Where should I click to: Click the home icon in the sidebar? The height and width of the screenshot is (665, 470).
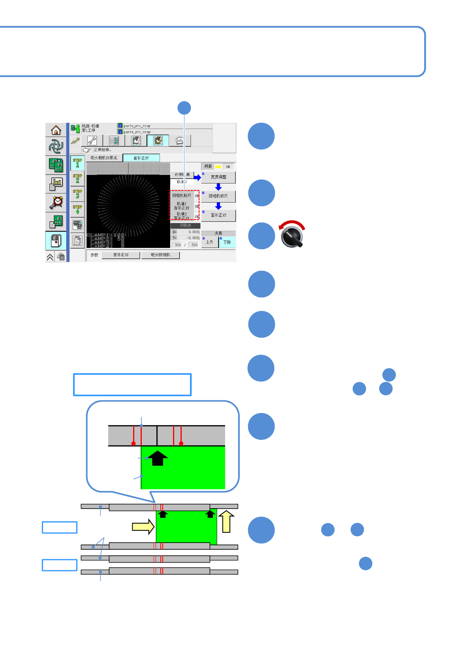(56, 130)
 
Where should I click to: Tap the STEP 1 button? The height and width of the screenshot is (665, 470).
(77, 163)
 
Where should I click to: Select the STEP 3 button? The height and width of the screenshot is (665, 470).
(77, 193)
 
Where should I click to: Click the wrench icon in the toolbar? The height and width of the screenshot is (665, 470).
(92, 141)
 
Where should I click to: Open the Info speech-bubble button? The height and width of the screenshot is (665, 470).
(180, 141)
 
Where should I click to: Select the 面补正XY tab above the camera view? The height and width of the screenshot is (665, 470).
(141, 158)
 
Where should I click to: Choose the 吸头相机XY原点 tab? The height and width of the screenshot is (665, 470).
(104, 158)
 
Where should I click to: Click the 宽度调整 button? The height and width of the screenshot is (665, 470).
(218, 177)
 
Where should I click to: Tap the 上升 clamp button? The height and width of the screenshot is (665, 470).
(210, 242)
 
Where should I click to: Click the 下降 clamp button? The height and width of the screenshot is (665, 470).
(227, 242)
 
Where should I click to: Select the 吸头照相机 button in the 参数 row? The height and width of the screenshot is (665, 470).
(160, 255)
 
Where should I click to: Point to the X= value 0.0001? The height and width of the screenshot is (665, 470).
(194, 232)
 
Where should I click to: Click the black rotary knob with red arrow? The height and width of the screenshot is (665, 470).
(292, 236)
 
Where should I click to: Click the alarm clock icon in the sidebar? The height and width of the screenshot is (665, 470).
(56, 203)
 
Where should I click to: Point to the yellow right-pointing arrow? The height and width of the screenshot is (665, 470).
(143, 527)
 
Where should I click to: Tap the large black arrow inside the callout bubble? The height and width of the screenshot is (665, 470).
(158, 458)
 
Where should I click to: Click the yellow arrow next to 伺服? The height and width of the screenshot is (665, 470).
(218, 167)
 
